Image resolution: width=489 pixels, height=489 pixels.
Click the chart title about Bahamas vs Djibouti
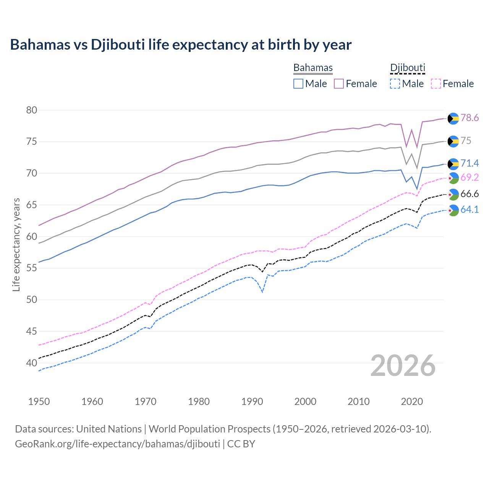click(x=180, y=45)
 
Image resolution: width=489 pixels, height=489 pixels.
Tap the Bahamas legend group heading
click(x=313, y=68)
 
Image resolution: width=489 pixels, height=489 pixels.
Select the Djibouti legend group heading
click(x=408, y=68)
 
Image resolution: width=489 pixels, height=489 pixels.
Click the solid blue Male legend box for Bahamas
click(x=298, y=84)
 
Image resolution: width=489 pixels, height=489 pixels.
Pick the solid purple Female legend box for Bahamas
click(x=339, y=84)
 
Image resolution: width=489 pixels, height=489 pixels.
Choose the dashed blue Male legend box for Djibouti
click(x=395, y=84)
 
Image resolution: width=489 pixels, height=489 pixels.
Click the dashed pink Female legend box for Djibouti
click(x=436, y=84)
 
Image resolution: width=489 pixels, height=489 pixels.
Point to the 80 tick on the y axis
click(x=32, y=110)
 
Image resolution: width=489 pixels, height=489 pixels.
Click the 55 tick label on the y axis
click(x=32, y=268)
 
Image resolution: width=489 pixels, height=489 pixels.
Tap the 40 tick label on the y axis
click(x=32, y=363)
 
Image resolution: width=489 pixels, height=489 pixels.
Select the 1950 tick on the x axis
click(x=39, y=402)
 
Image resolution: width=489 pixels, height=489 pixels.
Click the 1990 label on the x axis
click(x=252, y=402)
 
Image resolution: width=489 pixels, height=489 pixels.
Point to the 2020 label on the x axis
click(x=412, y=402)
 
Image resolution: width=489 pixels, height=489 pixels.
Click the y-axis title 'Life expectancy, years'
click(x=16, y=244)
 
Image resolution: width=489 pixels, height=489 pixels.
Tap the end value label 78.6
click(x=470, y=118)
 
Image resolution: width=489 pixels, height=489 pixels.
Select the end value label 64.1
click(x=470, y=209)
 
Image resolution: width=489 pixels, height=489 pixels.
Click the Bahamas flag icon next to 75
click(x=453, y=141)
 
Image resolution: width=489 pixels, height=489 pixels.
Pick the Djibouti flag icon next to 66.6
click(x=453, y=194)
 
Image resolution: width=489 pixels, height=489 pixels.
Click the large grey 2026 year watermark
click(x=403, y=366)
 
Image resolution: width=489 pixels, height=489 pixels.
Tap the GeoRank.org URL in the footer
click(x=117, y=444)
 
